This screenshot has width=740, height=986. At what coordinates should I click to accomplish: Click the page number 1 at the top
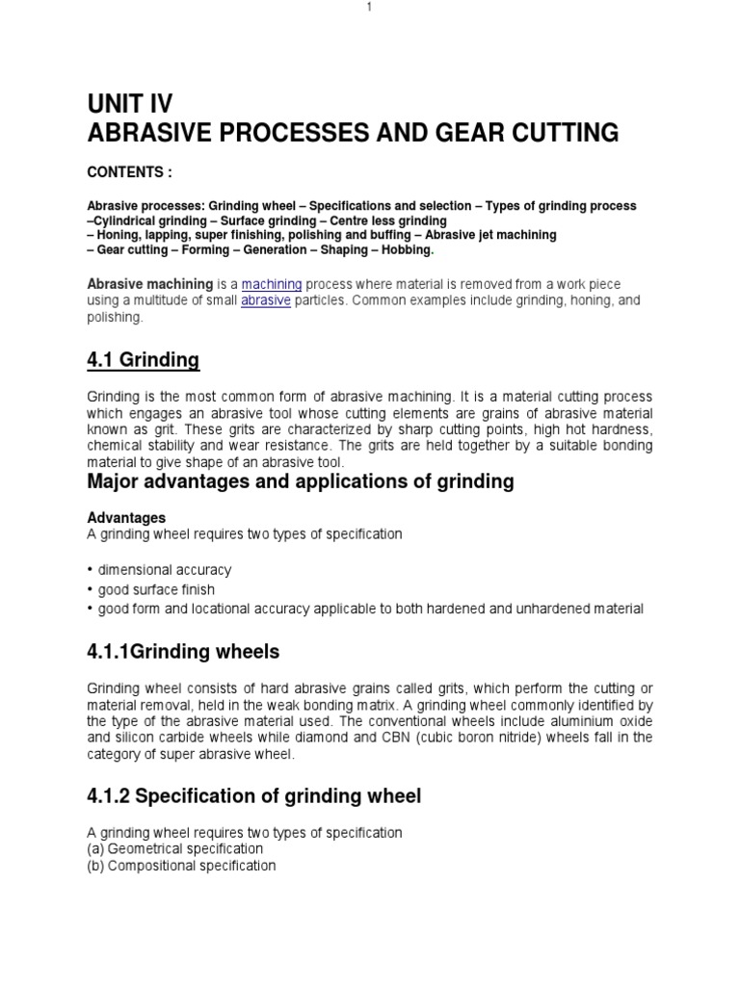[x=368, y=8]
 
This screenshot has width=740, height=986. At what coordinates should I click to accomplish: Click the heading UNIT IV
[x=131, y=104]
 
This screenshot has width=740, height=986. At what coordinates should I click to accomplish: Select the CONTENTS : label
[x=130, y=172]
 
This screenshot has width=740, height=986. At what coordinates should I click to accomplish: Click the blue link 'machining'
[x=272, y=284]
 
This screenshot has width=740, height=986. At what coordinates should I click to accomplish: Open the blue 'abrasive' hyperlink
[x=266, y=300]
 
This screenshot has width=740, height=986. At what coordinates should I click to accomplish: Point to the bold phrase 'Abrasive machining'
[x=150, y=284]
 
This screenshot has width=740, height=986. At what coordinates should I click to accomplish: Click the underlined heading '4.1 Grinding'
[x=144, y=360]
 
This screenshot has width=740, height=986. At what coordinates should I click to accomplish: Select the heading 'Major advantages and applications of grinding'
[x=301, y=480]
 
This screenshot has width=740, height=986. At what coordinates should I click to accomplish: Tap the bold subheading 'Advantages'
[x=126, y=518]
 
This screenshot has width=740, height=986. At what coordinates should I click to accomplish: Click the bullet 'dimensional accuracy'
[x=164, y=570]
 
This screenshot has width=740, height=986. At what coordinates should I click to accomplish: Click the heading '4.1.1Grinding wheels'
[x=184, y=652]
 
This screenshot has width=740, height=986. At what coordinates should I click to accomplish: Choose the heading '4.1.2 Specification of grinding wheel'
[x=254, y=796]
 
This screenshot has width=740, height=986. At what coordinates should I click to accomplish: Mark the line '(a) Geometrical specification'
[x=174, y=849]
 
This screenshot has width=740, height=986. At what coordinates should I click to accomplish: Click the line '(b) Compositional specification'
[x=181, y=866]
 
